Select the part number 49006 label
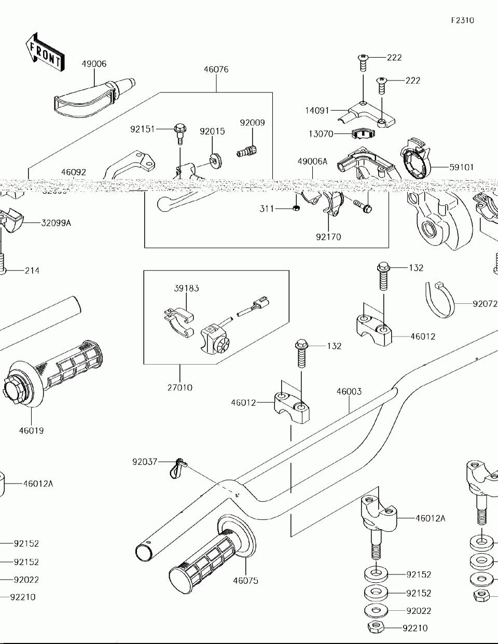tap(94, 64)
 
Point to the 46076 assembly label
tap(216, 70)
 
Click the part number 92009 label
tap(252, 123)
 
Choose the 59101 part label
tap(462, 167)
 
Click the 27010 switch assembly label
tap(179, 387)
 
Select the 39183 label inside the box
tap(186, 288)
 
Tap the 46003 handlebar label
tap(349, 392)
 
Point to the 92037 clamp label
tap(145, 461)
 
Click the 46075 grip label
tap(245, 581)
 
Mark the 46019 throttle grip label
tap(32, 430)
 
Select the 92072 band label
tap(485, 303)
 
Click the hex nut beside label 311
tap(295, 208)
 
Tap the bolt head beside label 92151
tap(179, 128)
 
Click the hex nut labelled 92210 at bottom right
tap(375, 627)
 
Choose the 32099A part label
tap(56, 223)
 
